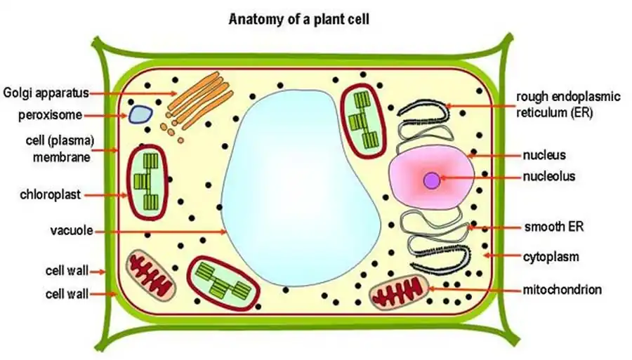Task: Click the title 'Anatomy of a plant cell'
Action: (298, 19)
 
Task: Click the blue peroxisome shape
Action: (139, 114)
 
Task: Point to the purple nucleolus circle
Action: (432, 180)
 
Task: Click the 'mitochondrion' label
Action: (562, 289)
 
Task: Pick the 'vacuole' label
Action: (68, 230)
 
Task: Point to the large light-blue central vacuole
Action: (302, 189)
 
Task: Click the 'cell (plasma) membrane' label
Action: (62, 149)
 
